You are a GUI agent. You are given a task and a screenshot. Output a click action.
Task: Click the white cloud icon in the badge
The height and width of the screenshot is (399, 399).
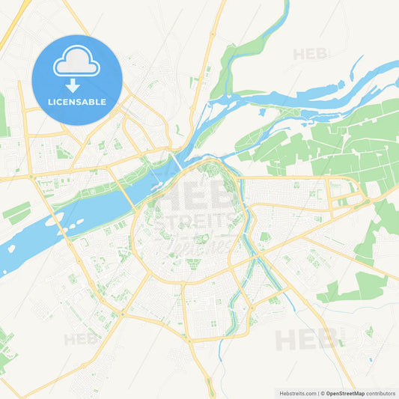[76, 62]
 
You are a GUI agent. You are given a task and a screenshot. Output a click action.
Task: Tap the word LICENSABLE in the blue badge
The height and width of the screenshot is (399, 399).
[77, 101]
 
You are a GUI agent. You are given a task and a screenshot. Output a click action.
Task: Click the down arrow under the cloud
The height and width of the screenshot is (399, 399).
[76, 83]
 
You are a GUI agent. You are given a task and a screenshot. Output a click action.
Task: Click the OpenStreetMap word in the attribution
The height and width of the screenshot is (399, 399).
[344, 393]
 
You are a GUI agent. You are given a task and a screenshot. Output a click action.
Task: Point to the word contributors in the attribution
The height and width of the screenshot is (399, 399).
[380, 393]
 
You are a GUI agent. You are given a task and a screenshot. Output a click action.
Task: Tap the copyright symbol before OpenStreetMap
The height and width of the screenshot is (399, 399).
[322, 393]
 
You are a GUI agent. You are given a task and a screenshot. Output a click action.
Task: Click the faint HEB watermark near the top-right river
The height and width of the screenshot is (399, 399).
[310, 54]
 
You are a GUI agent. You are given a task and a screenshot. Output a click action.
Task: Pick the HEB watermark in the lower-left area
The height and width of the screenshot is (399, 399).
[82, 339]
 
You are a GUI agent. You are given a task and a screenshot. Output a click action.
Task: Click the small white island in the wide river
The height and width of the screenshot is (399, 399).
[54, 221]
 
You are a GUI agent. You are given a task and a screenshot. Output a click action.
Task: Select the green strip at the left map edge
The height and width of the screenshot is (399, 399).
[3, 116]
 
